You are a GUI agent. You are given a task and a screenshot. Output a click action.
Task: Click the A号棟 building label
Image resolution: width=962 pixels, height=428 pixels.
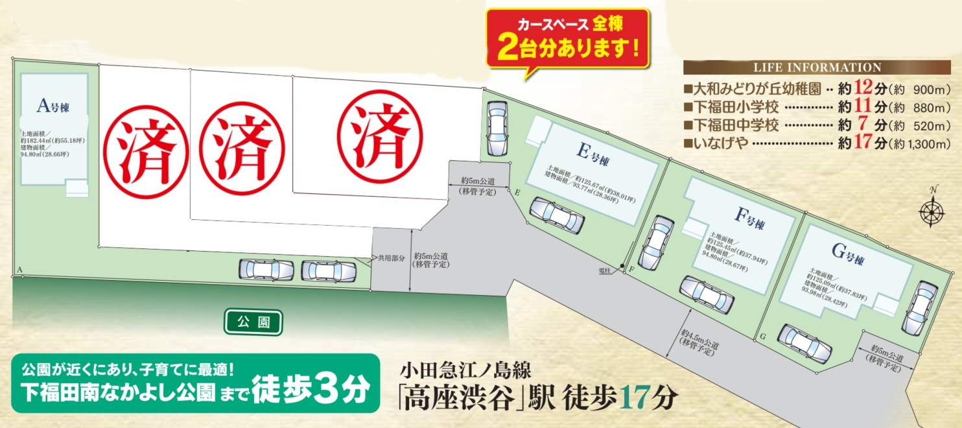53,106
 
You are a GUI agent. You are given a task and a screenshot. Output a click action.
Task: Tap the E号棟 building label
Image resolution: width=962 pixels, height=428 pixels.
592,155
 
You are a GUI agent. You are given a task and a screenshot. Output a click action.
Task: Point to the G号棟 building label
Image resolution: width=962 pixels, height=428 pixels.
845,257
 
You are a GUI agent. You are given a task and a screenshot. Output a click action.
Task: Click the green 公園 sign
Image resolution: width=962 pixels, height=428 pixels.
253,321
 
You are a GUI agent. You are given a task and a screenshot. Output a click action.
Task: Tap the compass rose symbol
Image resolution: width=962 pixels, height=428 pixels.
932,210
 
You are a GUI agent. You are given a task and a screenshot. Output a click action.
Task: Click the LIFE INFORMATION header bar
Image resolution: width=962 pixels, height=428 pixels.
816,67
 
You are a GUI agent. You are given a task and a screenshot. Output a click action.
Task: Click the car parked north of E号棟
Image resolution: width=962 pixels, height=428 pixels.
497,128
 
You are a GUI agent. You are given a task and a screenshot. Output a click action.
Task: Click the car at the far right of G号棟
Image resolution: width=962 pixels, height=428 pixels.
919,308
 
